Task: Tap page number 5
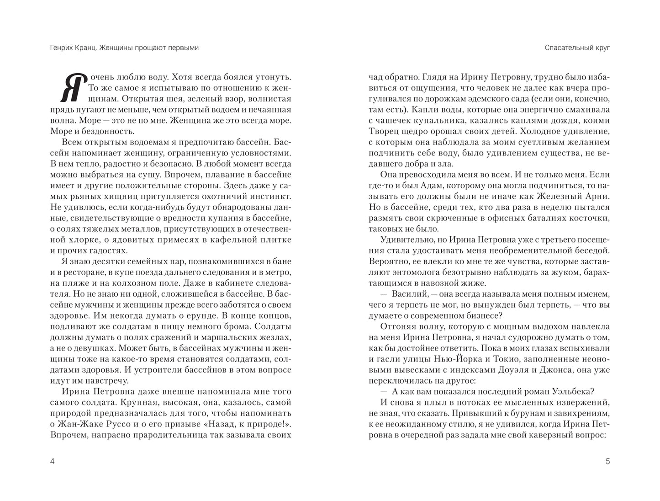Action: click(607, 461)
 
